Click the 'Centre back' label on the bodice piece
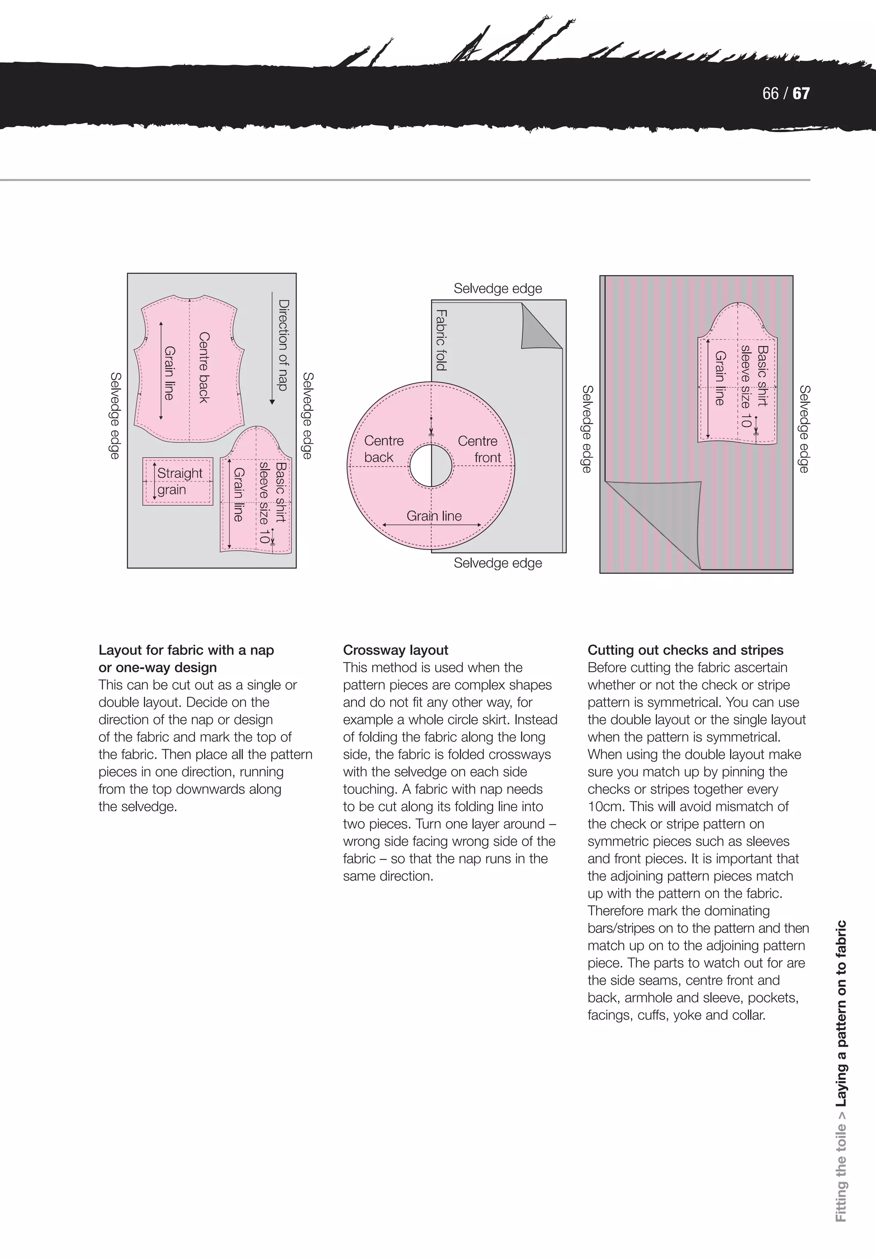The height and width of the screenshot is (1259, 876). point(204,367)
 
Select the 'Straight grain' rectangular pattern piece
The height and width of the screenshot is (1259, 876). point(178,482)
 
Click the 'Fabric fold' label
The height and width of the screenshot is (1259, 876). point(441,340)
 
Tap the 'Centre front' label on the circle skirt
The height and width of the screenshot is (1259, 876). point(479,449)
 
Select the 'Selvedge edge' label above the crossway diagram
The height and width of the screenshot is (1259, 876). point(497,288)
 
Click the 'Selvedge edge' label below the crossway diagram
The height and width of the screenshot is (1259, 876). point(497,563)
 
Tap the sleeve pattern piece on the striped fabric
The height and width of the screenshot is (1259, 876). point(738,378)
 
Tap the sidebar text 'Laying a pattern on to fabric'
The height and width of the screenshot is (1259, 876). point(840,1014)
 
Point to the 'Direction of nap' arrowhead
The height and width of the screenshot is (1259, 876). point(272,402)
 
